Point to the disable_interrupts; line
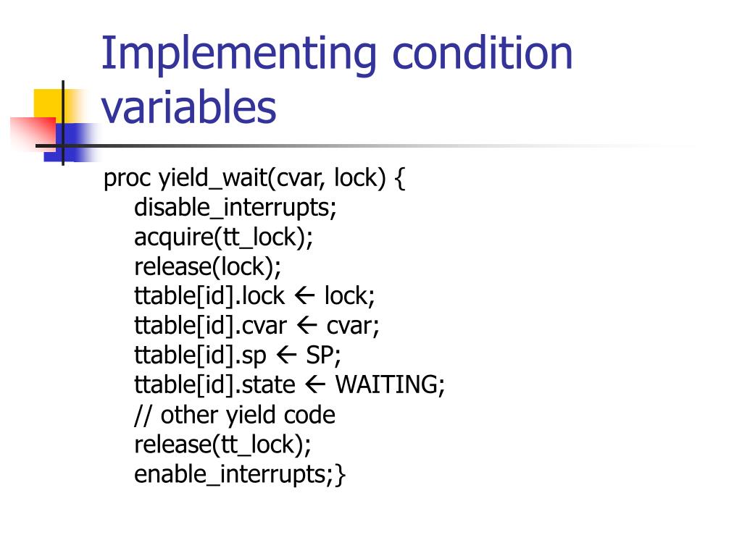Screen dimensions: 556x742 (235, 208)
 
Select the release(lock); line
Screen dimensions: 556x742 (207, 267)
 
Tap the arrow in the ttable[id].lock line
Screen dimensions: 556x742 (304, 296)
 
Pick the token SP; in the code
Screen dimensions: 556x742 (323, 355)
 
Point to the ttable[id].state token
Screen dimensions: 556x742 (214, 385)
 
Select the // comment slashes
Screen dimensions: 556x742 (143, 415)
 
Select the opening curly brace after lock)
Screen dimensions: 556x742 (401, 179)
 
